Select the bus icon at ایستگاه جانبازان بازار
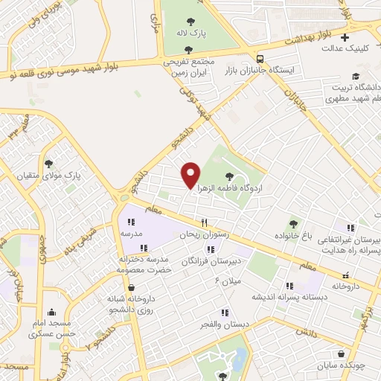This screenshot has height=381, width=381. (260, 59)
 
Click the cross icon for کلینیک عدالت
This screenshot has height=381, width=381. (345, 37)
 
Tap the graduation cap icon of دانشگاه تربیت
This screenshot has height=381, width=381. (356, 77)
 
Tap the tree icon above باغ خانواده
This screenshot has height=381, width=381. (294, 222)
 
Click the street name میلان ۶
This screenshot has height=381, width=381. (228, 281)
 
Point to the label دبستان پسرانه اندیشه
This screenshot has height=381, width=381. (289, 297)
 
